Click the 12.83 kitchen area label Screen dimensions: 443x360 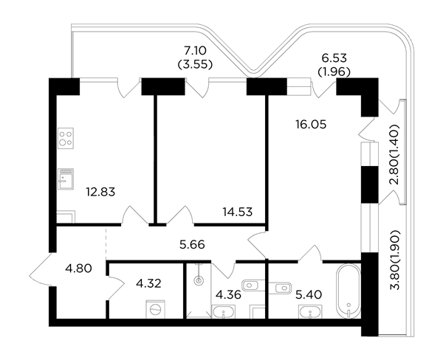click(100, 192)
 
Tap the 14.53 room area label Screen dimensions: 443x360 click(237, 212)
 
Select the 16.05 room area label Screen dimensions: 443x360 click(311, 124)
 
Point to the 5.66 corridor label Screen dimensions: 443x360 click(192, 244)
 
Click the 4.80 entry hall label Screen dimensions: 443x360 click(78, 269)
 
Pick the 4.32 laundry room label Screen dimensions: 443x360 click(148, 283)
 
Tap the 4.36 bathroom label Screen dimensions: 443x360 click(228, 295)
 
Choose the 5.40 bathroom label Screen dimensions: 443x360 click(309, 295)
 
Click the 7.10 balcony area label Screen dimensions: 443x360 click(195, 51)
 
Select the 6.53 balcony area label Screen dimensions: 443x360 click(334, 58)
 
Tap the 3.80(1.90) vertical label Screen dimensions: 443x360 click(395, 260)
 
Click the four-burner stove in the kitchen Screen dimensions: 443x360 click(66, 138)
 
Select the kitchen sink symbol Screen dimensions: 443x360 click(66, 179)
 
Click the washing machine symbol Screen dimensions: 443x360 click(155, 309)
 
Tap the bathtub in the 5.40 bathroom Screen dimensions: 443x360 click(348, 291)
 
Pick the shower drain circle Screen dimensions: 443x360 click(199, 280)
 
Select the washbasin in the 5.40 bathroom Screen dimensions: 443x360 click(311, 312)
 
